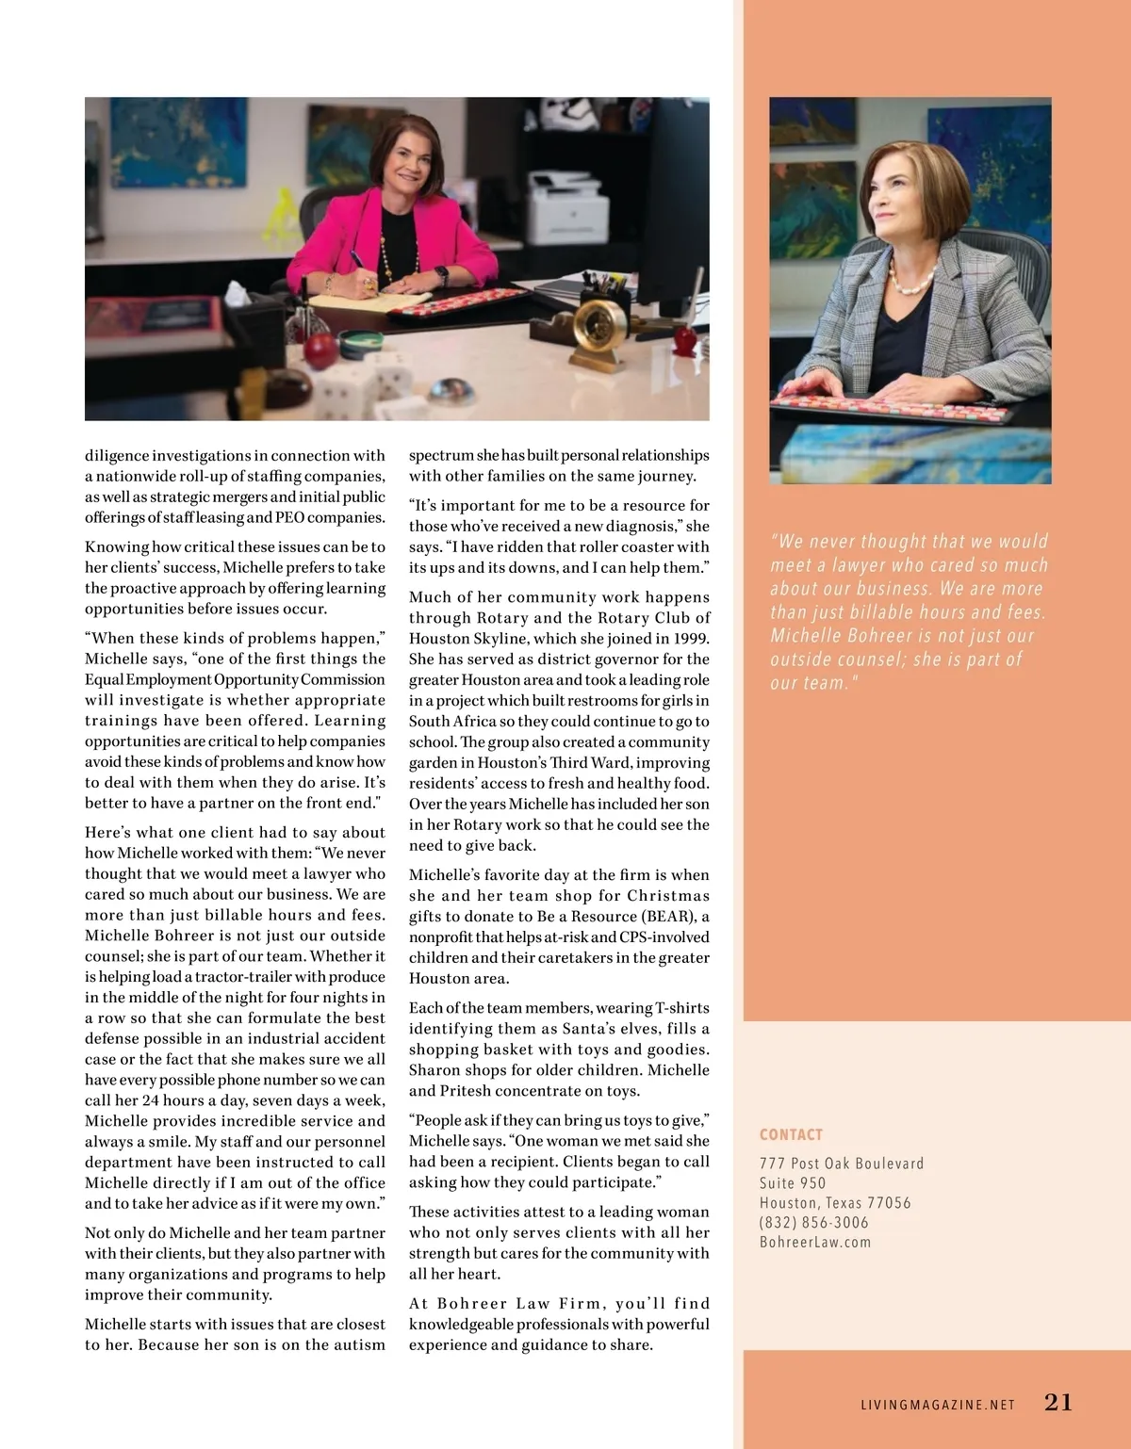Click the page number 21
[1058, 1403]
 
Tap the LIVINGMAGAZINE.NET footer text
[938, 1405]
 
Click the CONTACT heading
[791, 1135]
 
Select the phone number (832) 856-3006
[814, 1223]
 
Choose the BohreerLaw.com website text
[815, 1243]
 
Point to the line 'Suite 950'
[793, 1183]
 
